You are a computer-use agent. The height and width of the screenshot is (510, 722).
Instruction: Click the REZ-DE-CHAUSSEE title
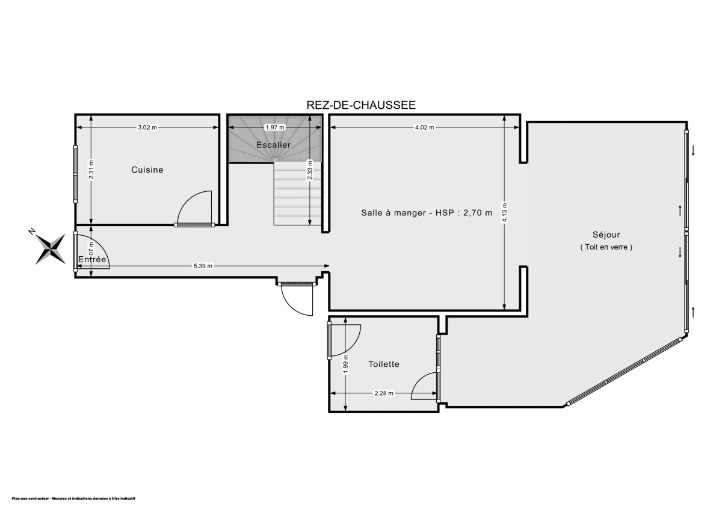pos(361,105)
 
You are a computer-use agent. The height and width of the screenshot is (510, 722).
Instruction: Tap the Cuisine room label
pos(147,170)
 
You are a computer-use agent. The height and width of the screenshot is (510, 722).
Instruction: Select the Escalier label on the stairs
pos(273,145)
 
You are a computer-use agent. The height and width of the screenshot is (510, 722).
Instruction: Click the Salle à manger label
pos(426,212)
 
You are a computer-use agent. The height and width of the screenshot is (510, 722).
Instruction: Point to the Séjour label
pos(606,235)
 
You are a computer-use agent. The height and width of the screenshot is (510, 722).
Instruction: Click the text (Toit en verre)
pos(606,247)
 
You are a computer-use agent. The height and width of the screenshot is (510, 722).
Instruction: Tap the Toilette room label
pos(384,364)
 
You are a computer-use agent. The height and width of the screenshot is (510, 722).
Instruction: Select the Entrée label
pos(92,259)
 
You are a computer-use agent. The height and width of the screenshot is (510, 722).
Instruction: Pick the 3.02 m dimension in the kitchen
pos(147,127)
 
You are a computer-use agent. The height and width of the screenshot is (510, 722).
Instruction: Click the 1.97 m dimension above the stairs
pos(274,127)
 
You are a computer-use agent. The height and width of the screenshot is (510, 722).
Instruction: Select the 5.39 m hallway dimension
pos(202,266)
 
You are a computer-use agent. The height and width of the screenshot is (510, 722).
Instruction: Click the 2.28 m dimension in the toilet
pos(383,393)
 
